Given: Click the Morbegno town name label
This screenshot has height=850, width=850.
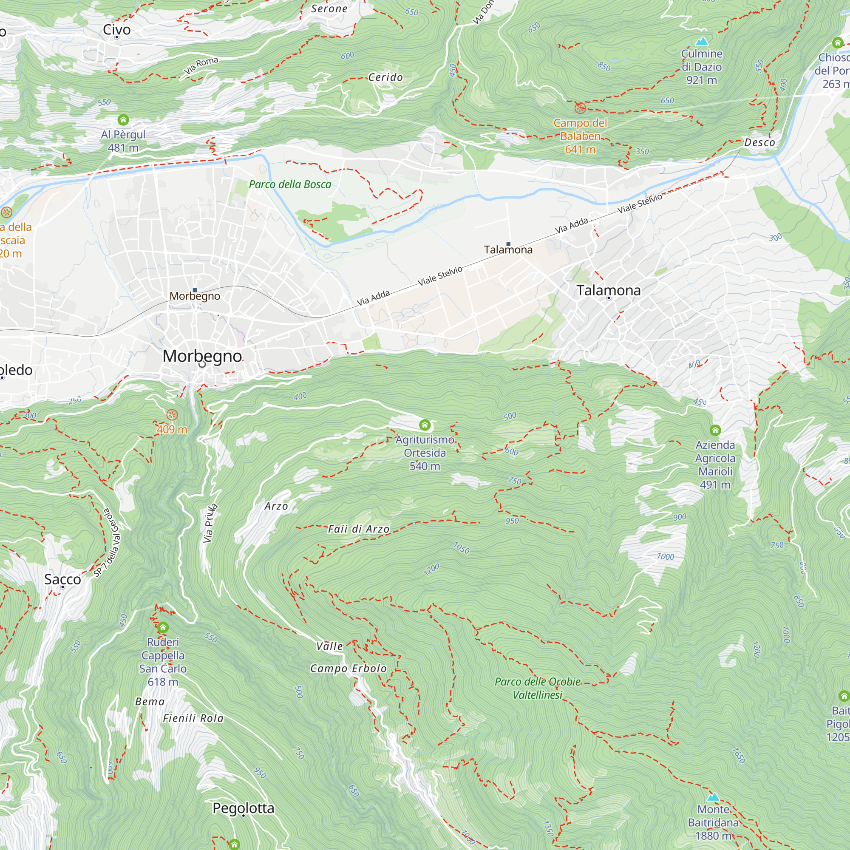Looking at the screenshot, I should (x=202, y=356).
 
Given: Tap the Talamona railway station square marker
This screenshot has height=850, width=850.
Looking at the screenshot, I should (x=508, y=244).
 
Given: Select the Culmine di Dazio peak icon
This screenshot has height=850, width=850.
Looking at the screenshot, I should (x=702, y=41).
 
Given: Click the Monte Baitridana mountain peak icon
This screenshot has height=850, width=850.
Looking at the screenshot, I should (x=713, y=797).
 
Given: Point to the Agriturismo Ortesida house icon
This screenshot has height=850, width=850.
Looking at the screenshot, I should (x=425, y=425).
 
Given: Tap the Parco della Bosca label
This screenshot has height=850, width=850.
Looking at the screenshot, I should (x=290, y=184).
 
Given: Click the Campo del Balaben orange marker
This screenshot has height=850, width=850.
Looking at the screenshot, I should (x=580, y=108).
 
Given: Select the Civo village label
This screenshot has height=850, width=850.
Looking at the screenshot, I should (x=116, y=29).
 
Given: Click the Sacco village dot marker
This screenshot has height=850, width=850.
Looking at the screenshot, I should (x=62, y=587).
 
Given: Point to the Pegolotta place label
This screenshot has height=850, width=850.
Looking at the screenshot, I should (x=243, y=808).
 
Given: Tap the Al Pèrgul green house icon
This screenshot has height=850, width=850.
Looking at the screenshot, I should (x=123, y=120).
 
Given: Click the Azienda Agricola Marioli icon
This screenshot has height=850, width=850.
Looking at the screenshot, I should (x=715, y=430).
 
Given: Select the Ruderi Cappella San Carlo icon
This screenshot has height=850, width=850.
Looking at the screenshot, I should (x=163, y=627).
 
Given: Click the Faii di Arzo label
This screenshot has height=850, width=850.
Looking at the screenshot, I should (x=359, y=529).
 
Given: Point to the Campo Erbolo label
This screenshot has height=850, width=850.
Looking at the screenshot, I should (x=348, y=668).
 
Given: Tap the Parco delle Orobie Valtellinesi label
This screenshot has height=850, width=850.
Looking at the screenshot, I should (x=537, y=688).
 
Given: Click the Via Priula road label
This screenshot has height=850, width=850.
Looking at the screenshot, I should (x=210, y=523).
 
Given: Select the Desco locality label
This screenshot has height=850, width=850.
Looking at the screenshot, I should (x=759, y=142).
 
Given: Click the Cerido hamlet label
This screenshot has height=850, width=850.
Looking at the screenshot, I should (x=385, y=77).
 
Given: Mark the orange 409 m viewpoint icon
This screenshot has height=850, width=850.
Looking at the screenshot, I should (x=172, y=414).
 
